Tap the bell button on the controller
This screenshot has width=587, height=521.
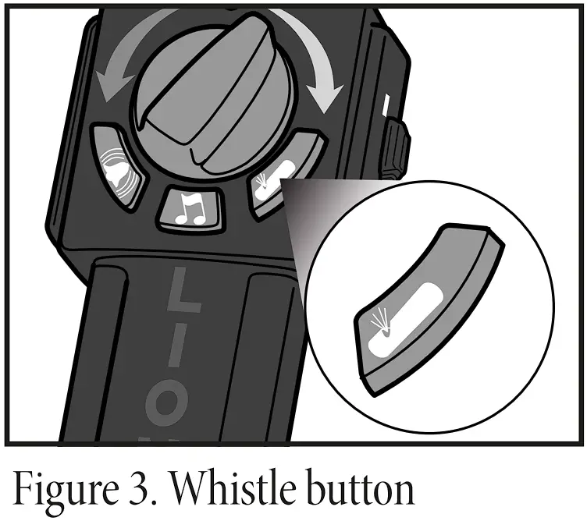[116, 164]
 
